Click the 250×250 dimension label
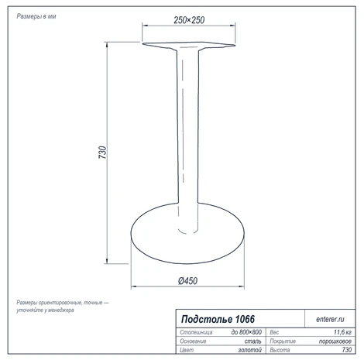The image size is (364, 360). (189, 20)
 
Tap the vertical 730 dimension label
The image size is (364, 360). (102, 153)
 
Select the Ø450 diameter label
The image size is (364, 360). (187, 281)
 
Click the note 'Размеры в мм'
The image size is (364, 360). (36, 16)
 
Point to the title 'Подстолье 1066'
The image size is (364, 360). (218, 319)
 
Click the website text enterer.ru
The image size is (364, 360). (330, 319)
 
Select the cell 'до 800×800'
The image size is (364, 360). (246, 332)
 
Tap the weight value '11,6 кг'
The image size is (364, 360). (342, 332)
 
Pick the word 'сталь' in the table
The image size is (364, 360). (253, 341)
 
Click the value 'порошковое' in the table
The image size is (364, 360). (335, 341)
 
